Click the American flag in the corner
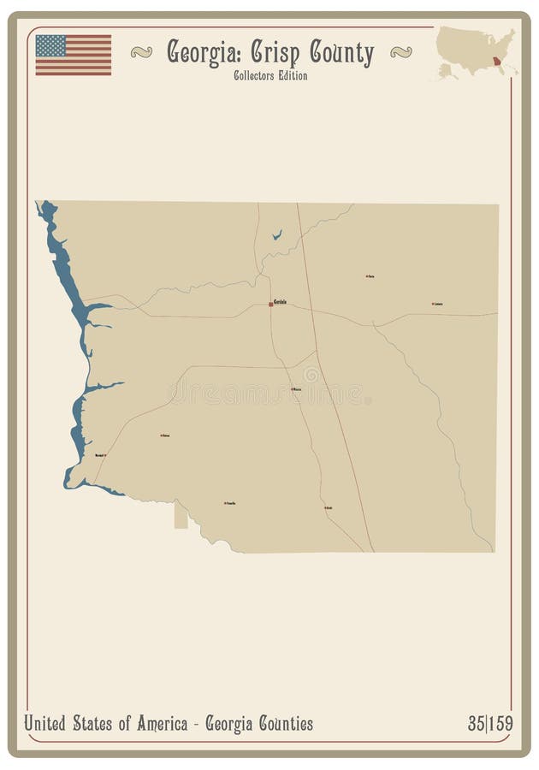[x=73, y=55]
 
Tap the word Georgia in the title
[x=203, y=53]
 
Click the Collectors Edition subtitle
[x=269, y=75]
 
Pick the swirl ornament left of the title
[x=141, y=52]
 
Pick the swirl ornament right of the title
[x=400, y=52]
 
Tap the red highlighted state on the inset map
[x=499, y=61]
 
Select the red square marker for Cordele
[x=270, y=304]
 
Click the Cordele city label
[x=281, y=301]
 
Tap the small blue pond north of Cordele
[x=276, y=234]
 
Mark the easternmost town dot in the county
[x=432, y=304]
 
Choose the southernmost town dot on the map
[x=325, y=507]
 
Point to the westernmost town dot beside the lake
[x=104, y=455]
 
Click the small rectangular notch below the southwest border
[x=181, y=516]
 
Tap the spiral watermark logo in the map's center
[x=310, y=375]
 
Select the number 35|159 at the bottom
[x=490, y=724]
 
